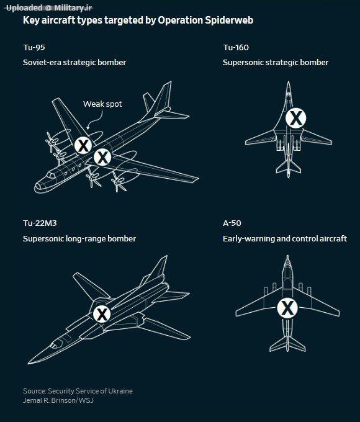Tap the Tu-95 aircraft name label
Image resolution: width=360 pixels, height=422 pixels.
click(x=34, y=48)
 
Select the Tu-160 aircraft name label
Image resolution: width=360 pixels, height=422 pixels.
click(x=236, y=48)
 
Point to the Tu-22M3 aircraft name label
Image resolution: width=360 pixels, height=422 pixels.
click(x=40, y=223)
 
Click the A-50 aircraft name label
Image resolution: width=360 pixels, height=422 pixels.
click(x=232, y=223)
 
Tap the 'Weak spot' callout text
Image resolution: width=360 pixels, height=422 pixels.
click(x=102, y=104)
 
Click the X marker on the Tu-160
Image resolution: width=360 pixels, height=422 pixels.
click(x=296, y=118)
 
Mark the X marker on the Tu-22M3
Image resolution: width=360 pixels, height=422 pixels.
click(x=102, y=314)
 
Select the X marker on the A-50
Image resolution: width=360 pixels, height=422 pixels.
click(x=287, y=308)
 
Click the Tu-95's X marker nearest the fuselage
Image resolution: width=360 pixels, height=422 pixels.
click(x=102, y=157)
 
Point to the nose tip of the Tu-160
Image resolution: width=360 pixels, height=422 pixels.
click(x=289, y=81)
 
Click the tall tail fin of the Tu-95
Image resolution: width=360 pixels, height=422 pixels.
click(x=160, y=99)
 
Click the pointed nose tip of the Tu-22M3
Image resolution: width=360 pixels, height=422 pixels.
click(x=29, y=363)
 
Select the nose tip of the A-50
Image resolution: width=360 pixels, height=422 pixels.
click(x=287, y=256)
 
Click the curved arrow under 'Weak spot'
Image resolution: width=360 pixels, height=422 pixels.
click(x=96, y=120)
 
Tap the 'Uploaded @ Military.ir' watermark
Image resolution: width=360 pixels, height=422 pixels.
click(x=49, y=8)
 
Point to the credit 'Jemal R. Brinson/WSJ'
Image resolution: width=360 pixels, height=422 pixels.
click(x=58, y=400)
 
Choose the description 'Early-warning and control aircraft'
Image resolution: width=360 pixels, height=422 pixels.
click(x=285, y=239)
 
